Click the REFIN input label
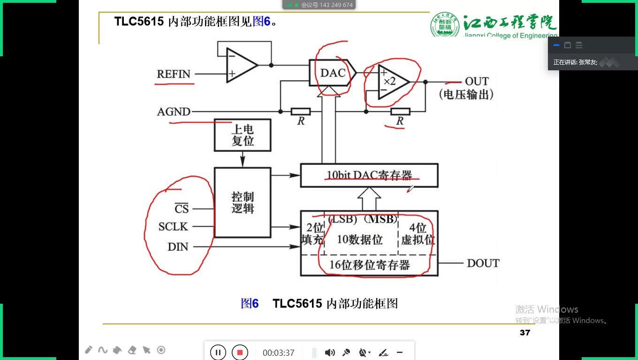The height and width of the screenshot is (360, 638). click(174, 74)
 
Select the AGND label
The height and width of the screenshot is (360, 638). click(174, 112)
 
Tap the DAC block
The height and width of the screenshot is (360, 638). click(332, 73)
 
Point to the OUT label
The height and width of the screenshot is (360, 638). click(477, 81)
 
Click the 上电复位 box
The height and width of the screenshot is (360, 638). click(243, 135)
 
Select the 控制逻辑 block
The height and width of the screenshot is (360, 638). click(243, 202)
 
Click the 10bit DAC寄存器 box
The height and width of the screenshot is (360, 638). click(369, 175)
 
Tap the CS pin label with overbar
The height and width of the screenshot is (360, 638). click(182, 208)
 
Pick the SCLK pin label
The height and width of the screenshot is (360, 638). click(173, 227)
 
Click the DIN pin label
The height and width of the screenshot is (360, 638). click(178, 247)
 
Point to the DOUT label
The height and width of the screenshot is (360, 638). click(483, 263)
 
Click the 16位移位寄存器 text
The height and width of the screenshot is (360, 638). click(369, 265)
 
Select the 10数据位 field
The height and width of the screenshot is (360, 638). click(360, 240)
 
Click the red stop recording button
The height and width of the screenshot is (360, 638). click(240, 352)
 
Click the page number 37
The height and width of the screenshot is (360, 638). click(525, 332)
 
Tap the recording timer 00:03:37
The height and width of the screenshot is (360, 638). click(278, 352)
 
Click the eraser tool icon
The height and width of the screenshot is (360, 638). click(132, 350)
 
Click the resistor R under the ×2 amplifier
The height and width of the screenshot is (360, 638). click(400, 112)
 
